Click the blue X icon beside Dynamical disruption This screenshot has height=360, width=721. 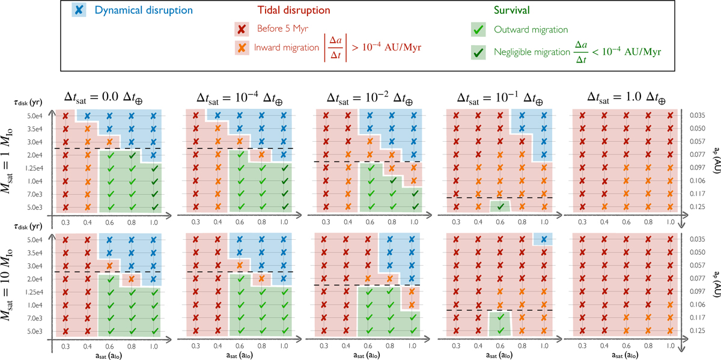pos(79,10)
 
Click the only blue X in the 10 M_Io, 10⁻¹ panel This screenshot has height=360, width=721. pos(544,239)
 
